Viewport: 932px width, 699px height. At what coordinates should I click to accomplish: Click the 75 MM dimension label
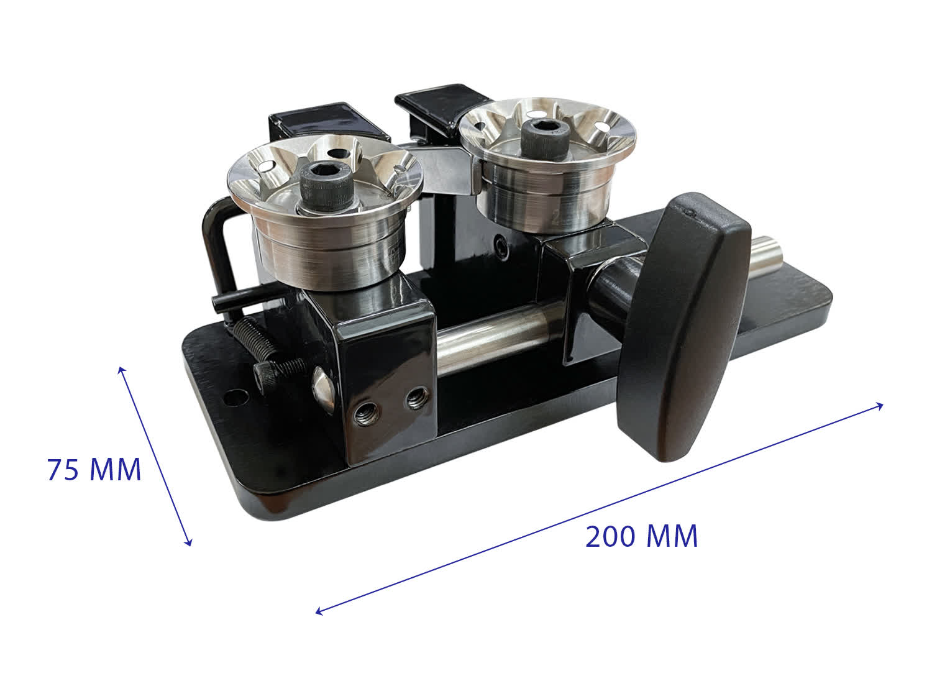(94, 470)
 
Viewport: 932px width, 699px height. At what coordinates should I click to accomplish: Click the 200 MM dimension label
(642, 536)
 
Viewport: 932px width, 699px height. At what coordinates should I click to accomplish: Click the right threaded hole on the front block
(416, 398)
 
